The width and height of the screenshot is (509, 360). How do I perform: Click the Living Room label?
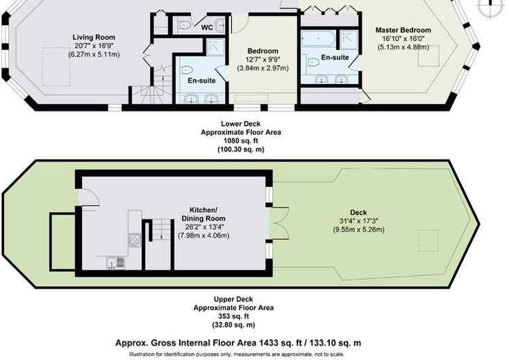[94, 38]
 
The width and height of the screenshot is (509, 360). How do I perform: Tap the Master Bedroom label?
[403, 30]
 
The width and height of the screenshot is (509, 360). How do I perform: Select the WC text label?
[207, 28]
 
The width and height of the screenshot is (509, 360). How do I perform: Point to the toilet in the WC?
[184, 24]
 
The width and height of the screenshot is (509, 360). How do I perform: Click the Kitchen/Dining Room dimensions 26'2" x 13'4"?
[203, 227]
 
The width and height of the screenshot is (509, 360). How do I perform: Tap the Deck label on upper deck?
[359, 213]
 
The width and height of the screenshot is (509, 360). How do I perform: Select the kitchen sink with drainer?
[115, 263]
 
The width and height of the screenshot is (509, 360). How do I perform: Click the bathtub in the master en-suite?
[318, 38]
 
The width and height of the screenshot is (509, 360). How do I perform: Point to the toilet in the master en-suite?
[312, 61]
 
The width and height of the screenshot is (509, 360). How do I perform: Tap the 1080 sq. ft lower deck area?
[240, 141]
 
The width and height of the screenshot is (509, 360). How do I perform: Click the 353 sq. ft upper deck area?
[233, 316]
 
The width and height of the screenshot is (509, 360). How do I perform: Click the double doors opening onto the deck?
[278, 224]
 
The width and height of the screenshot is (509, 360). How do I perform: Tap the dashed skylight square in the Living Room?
[56, 67]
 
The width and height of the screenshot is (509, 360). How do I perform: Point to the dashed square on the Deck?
[428, 240]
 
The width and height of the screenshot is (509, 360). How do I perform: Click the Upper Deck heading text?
[233, 299]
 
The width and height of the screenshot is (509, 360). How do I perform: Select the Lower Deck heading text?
[240, 124]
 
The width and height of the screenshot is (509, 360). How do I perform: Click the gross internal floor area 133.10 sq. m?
[335, 343]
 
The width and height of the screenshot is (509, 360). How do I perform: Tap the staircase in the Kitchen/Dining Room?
[161, 230]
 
